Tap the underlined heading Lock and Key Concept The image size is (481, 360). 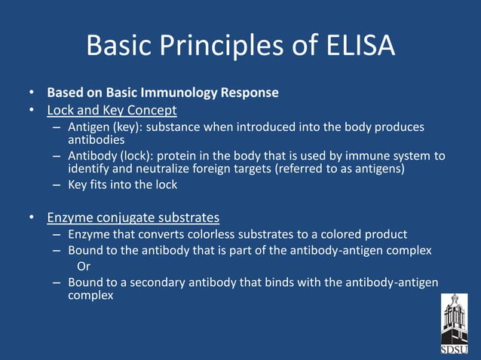[x=112, y=111]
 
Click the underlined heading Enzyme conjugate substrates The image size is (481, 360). [x=133, y=218]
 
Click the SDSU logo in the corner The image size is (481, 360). [x=454, y=324]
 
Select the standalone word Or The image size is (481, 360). [x=84, y=266]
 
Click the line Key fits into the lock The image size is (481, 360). [x=122, y=185]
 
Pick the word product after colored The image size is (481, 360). [x=384, y=234]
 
